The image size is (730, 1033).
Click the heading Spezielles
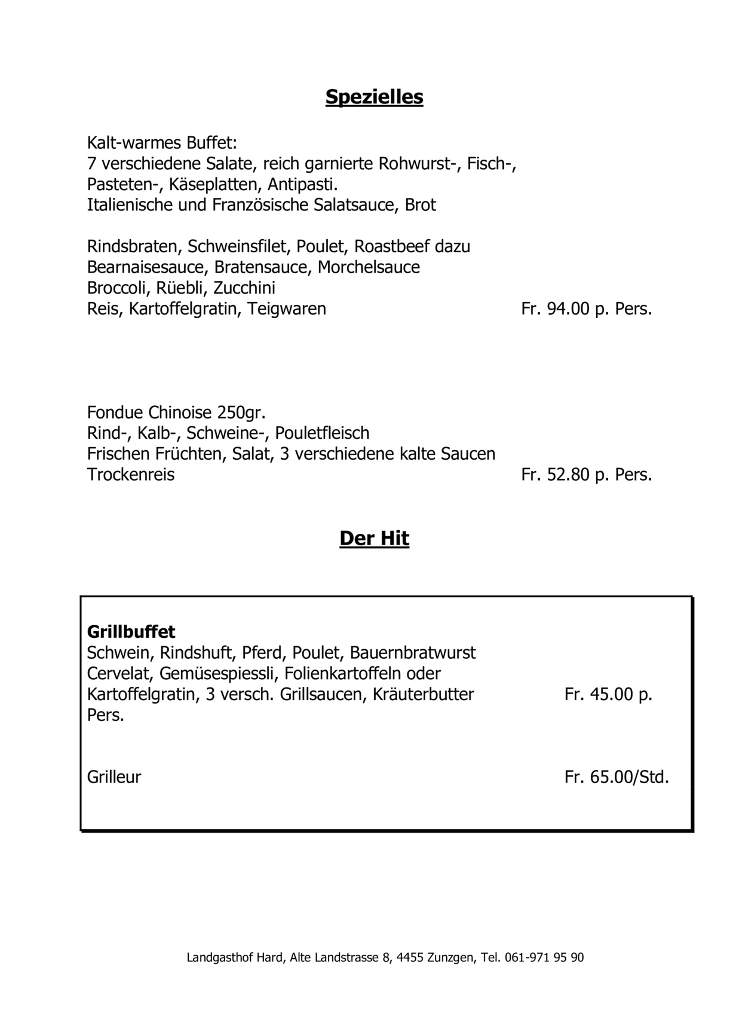(x=374, y=97)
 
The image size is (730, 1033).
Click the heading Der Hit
(x=374, y=538)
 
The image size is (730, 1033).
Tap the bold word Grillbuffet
(x=131, y=631)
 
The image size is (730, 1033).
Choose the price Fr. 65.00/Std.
(x=616, y=777)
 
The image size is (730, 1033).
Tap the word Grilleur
(x=114, y=777)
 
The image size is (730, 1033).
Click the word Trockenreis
(x=131, y=475)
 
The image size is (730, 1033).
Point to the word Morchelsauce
(x=369, y=267)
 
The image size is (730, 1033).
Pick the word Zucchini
(x=244, y=288)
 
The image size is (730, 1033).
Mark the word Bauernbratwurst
(x=413, y=652)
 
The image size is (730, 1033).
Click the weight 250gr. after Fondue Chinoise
(x=241, y=412)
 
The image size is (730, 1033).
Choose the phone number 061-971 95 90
(x=544, y=958)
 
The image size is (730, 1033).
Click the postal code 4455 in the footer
(x=410, y=958)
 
